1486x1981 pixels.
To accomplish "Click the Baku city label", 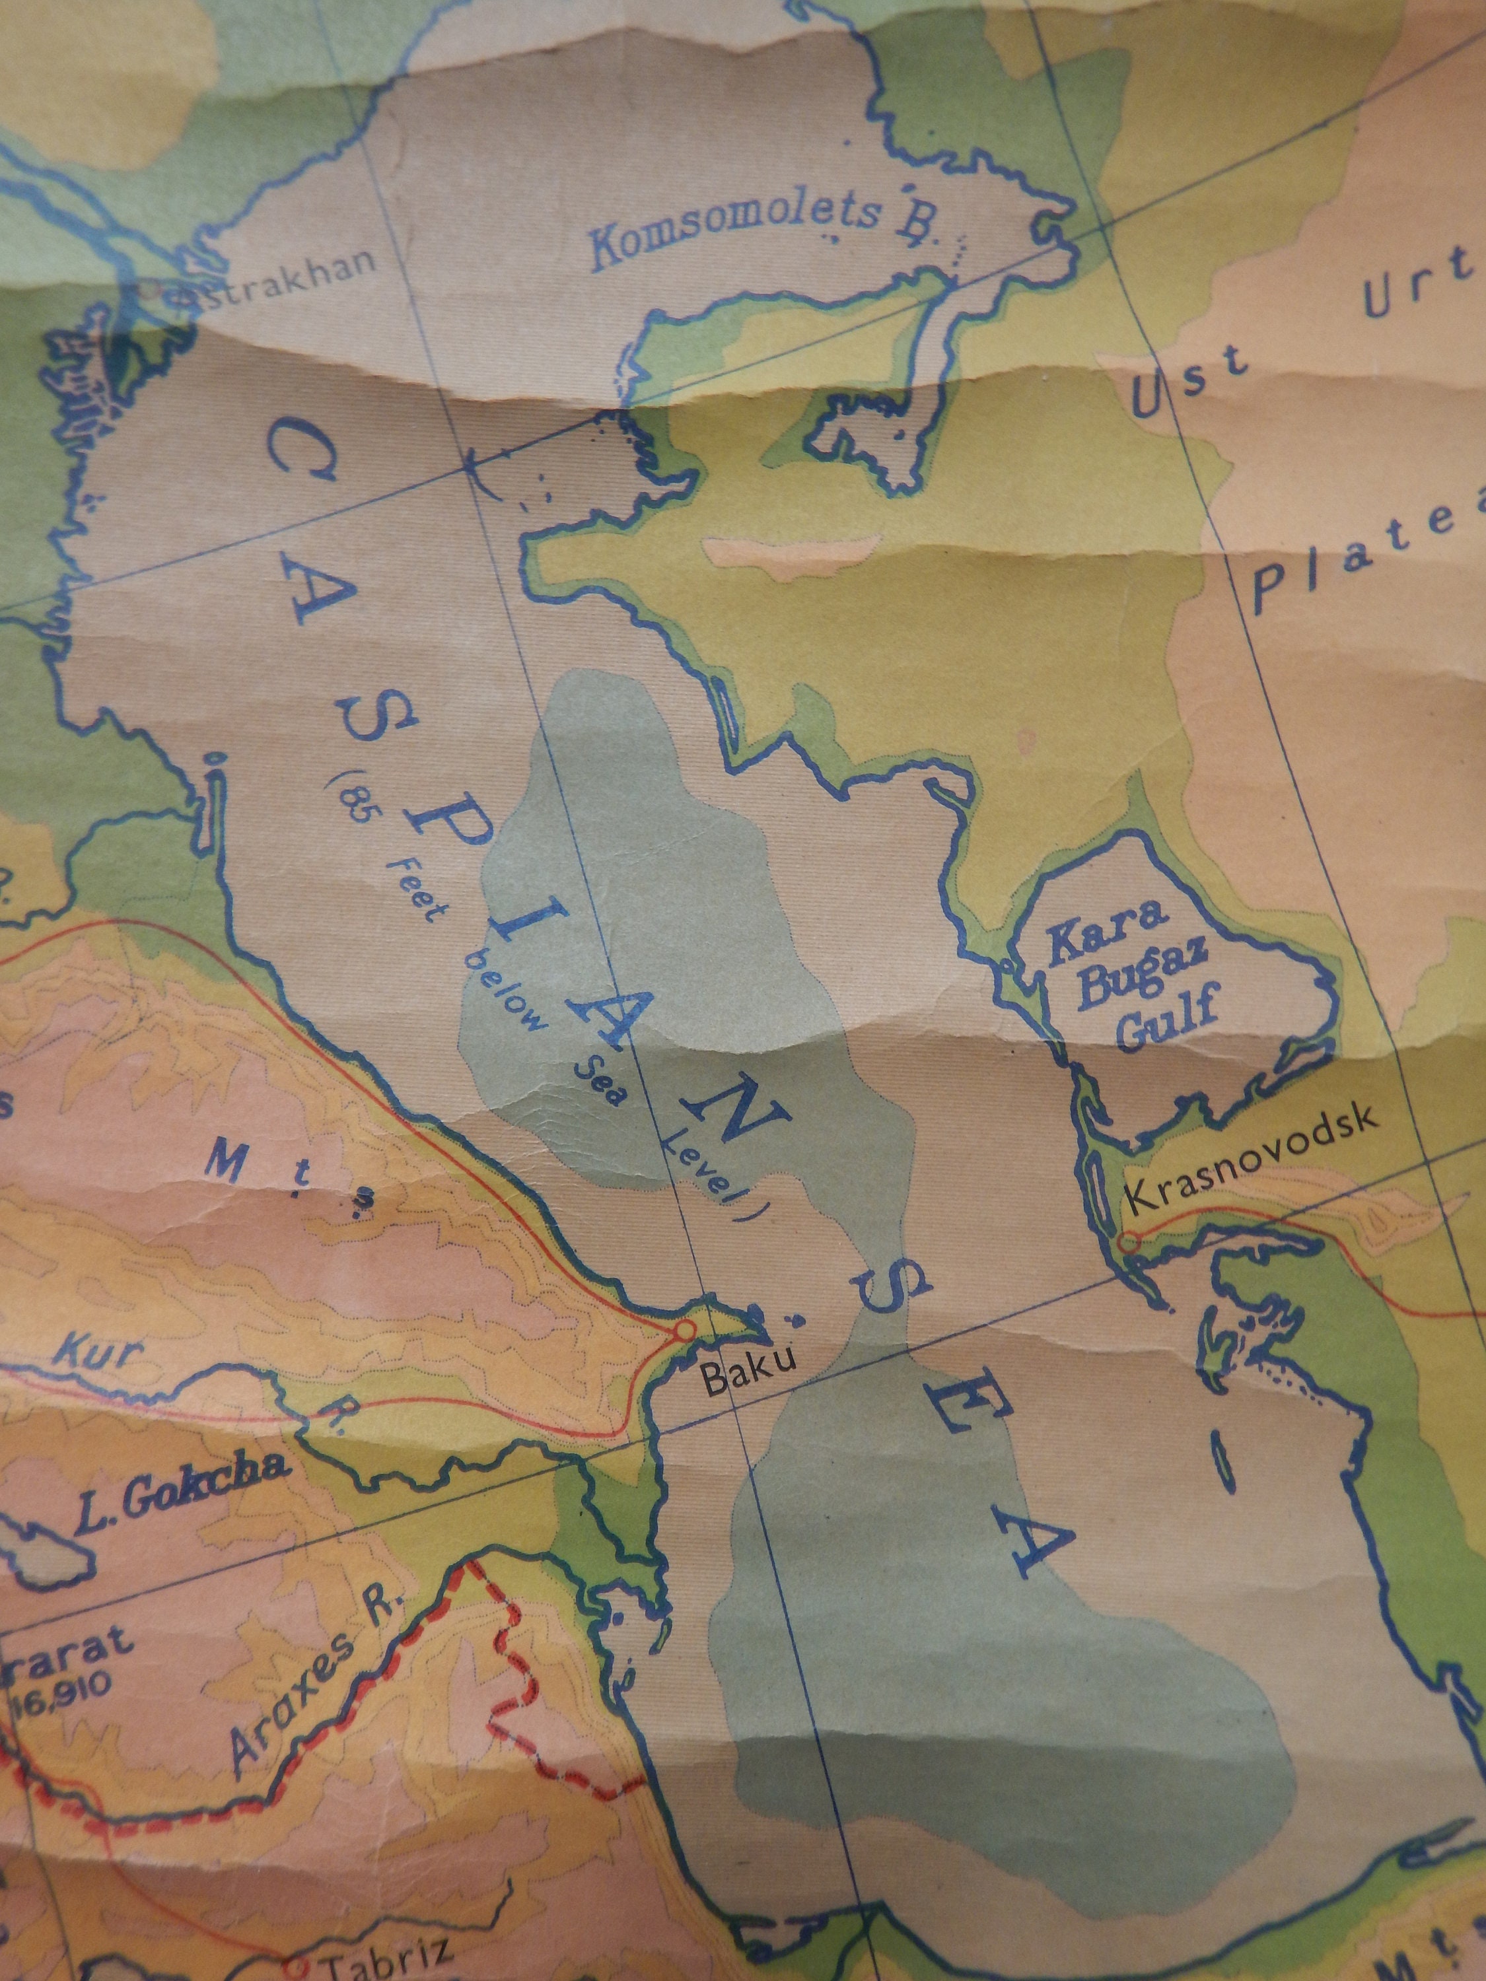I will click(748, 1377).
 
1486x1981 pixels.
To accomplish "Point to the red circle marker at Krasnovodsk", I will click(1129, 1242).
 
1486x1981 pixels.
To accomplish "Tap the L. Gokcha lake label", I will click(183, 1490).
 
